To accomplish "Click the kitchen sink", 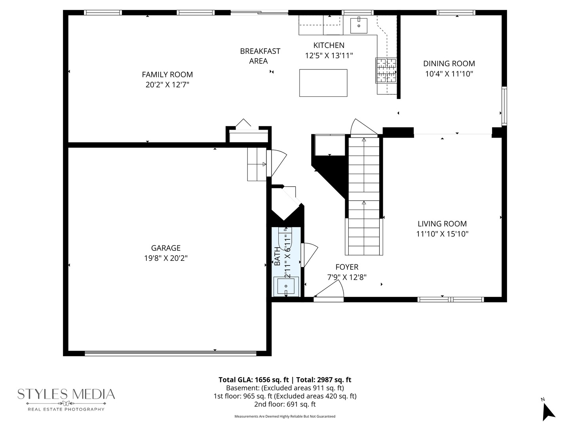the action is coord(359,25).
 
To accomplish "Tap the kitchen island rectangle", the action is coord(323,83).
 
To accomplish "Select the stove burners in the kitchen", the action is coord(386,71).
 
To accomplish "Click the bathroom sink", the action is coord(286,286).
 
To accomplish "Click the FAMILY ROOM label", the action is coord(167,75).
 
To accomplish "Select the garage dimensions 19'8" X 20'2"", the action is coord(166,258).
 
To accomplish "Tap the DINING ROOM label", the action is coord(449,63).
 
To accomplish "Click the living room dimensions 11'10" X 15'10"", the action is coord(442,234).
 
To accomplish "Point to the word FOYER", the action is coord(347,267).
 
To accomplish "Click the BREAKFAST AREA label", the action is coord(260,56).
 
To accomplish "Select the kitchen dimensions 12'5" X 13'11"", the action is coord(329,55).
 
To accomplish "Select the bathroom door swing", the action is coord(309,255).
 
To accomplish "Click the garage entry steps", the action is coord(257,164).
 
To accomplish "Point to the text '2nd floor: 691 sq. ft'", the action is coord(285,404).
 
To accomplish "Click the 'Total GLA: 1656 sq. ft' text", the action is coord(253,380).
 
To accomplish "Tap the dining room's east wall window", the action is coord(504,106).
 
